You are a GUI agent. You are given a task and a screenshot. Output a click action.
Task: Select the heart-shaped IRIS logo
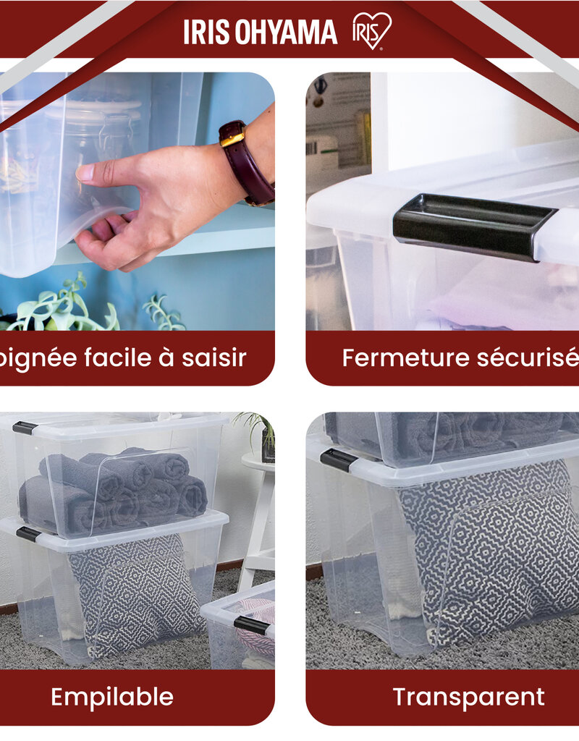[x=372, y=31]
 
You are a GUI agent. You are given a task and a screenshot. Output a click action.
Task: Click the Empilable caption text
[x=112, y=697]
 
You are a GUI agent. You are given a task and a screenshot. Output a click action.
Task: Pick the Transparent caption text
[x=468, y=697]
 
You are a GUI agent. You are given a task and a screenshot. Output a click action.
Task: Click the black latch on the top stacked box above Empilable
[x=25, y=428]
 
